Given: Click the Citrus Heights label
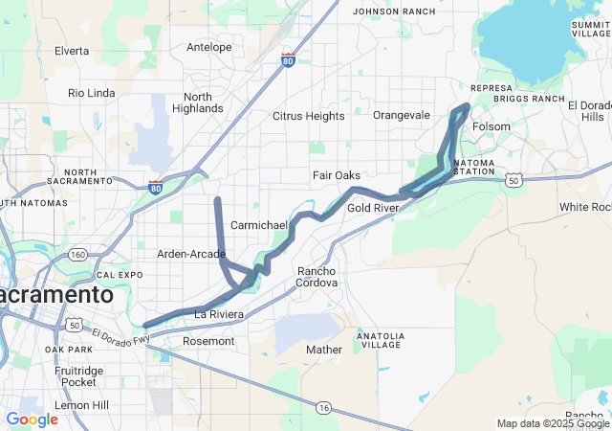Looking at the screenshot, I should click(x=308, y=116).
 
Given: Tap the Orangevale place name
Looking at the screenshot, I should click(x=402, y=115).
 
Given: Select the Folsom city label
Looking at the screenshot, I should click(x=492, y=126).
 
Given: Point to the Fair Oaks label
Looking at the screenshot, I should click(x=337, y=175).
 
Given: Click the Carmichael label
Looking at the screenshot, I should click(x=259, y=224).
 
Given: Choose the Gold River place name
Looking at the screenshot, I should click(x=373, y=208).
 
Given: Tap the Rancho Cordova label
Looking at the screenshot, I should click(x=317, y=277).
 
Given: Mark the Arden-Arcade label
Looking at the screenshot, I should click(x=190, y=254).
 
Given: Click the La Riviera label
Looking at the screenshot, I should click(x=220, y=314).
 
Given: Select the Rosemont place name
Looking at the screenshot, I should click(x=208, y=341).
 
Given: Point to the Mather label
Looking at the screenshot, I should click(x=324, y=350).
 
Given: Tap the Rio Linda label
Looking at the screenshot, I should click(x=92, y=93).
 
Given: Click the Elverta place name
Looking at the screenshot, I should click(x=72, y=50).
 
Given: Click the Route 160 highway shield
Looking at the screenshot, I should click(x=78, y=254).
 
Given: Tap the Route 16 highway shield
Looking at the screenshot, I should click(x=325, y=408).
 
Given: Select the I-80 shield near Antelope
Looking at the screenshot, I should click(x=289, y=61).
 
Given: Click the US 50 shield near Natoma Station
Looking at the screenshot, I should click(x=514, y=180).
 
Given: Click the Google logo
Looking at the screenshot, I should click(x=32, y=419).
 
